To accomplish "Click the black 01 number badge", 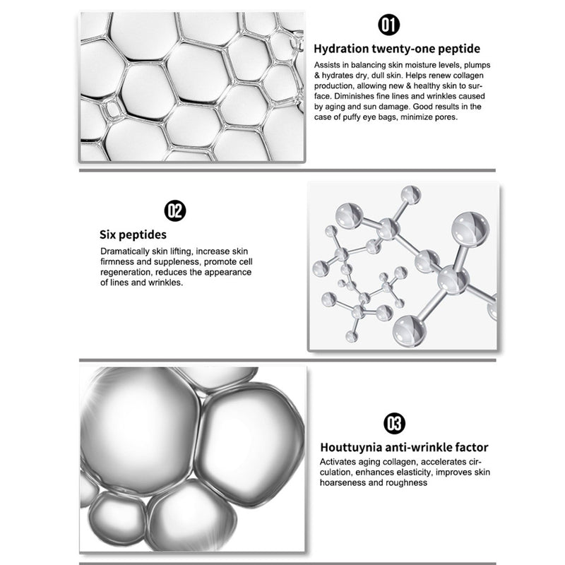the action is [x=389, y=25].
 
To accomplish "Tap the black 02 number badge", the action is [x=175, y=210].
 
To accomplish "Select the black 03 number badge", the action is [x=394, y=423].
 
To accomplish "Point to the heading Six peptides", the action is [x=133, y=234].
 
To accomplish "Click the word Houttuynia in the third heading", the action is [x=351, y=448].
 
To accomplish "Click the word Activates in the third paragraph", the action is [x=335, y=462].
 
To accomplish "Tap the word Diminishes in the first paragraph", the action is [x=354, y=97].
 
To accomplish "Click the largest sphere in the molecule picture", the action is [x=470, y=230].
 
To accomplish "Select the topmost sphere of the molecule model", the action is [x=411, y=195].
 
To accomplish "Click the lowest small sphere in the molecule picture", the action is [x=351, y=337].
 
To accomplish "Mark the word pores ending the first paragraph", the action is [x=447, y=117].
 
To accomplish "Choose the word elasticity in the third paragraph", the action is [x=415, y=472].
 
